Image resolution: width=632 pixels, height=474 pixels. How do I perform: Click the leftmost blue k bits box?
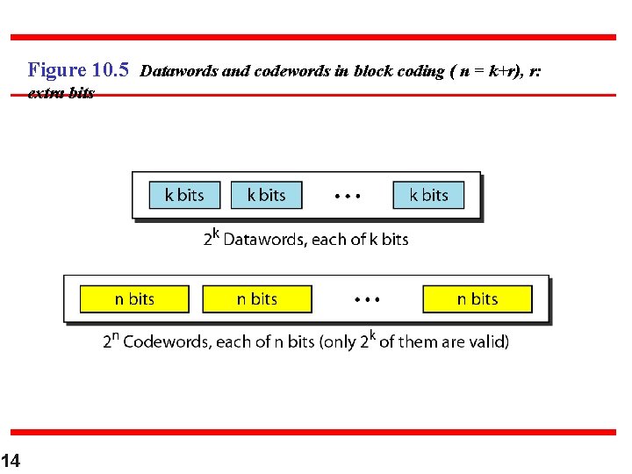(183, 195)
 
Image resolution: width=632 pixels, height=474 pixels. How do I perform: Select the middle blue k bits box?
(266, 195)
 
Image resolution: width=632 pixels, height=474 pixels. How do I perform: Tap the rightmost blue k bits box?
(428, 195)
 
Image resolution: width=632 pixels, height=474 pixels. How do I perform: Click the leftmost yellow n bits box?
(134, 299)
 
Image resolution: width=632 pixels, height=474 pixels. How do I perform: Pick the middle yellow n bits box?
(256, 299)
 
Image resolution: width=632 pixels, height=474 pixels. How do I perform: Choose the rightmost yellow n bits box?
(478, 299)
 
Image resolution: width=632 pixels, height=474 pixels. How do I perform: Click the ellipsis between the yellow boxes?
(367, 300)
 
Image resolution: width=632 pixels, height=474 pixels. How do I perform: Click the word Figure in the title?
(57, 70)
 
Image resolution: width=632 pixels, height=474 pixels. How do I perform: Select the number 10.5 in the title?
(111, 70)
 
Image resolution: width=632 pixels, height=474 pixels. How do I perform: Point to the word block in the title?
(373, 71)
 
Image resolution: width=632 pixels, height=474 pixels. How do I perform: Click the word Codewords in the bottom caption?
(166, 341)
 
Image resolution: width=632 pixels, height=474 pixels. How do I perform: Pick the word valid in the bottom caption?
(487, 341)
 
